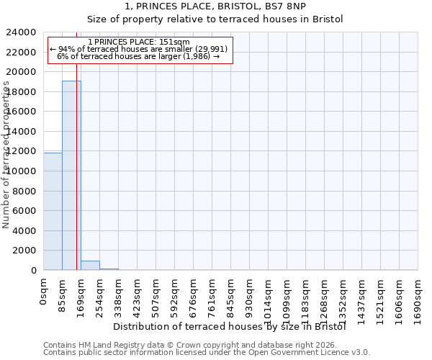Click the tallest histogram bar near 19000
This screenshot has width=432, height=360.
click(71, 175)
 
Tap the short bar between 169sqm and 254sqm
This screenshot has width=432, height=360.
click(90, 265)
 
